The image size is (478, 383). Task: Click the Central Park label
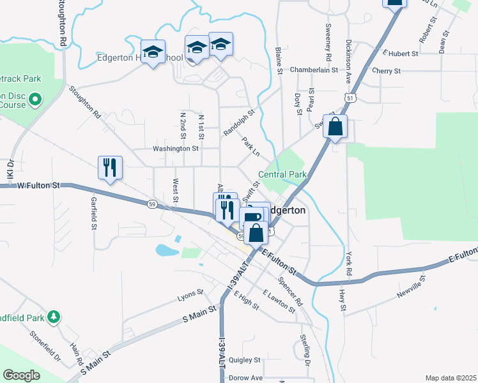[282, 174]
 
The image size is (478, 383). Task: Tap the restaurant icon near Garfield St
[109, 167]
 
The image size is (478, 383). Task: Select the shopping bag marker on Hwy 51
[335, 127]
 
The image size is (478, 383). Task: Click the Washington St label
[175, 148]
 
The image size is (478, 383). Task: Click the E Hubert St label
[400, 54]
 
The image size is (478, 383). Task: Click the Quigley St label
[245, 360]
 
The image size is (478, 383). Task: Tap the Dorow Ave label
[246, 378]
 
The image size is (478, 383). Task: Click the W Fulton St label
[38, 185]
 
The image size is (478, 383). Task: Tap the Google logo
[21, 375]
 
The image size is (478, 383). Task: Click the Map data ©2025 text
[450, 378]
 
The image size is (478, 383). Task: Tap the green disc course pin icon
[35, 100]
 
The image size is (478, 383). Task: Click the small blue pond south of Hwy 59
[167, 250]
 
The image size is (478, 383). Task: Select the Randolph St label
[238, 122]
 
